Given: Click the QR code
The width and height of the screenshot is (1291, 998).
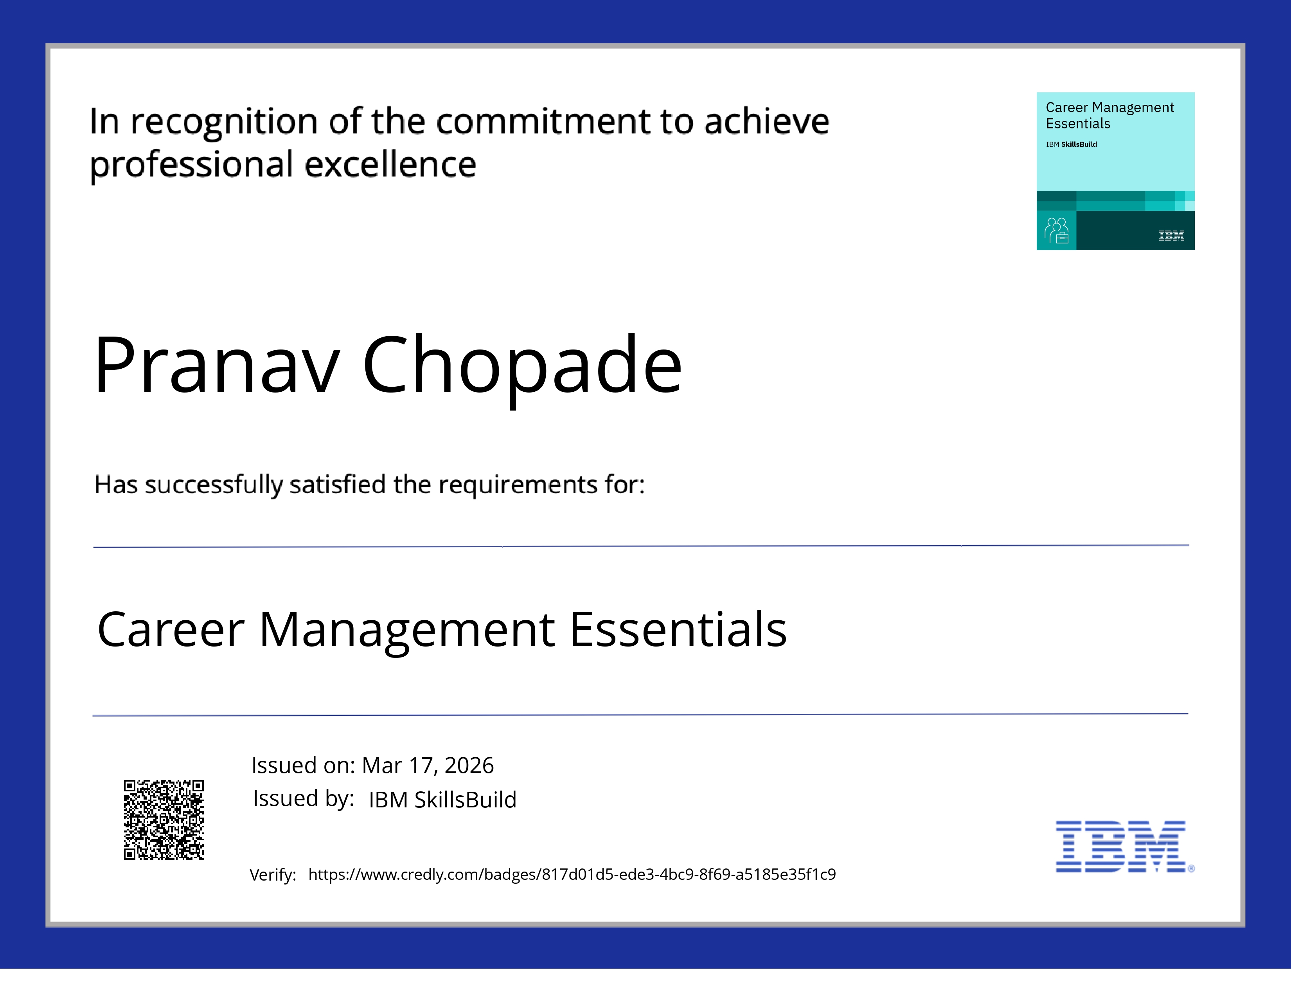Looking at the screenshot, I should (x=164, y=820).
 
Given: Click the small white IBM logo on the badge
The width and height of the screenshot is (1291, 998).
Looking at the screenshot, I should (x=1171, y=236).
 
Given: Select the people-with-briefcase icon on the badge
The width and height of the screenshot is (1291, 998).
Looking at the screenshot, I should (x=1056, y=231).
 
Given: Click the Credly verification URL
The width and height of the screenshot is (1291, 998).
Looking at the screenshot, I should (x=572, y=874).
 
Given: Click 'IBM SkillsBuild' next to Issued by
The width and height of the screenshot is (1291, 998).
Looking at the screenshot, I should (x=442, y=799).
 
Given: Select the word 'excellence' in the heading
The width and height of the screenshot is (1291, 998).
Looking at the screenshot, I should (x=390, y=164).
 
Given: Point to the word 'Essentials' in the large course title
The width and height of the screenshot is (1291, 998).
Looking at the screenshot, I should (x=678, y=629).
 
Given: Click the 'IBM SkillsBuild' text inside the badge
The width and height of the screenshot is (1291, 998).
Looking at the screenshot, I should (x=1071, y=144).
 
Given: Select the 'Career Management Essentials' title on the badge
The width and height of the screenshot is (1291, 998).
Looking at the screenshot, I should (x=1109, y=115).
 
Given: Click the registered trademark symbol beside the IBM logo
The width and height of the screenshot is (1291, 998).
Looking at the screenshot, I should (x=1191, y=868).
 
